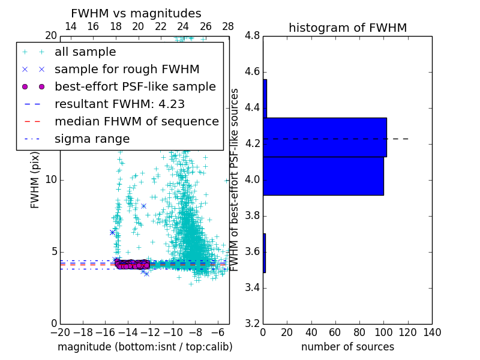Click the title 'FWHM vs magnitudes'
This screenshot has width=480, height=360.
[136, 14]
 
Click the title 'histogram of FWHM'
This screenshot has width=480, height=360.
[347, 28]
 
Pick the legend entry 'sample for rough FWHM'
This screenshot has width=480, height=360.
[127, 70]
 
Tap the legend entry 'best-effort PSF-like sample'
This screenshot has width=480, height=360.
[135, 86]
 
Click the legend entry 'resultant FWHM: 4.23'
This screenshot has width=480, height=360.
[119, 104]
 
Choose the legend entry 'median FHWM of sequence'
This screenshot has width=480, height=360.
[136, 121]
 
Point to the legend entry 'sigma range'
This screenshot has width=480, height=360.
[92, 139]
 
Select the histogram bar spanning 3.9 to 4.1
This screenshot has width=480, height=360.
[323, 176]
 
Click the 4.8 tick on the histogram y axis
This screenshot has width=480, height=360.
[252, 36]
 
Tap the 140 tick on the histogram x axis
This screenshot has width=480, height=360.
[432, 332]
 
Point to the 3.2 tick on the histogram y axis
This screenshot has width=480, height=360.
[252, 323]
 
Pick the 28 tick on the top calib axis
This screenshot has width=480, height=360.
[229, 27]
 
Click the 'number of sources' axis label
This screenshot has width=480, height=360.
[347, 347]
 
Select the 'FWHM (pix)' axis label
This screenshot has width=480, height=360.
[35, 179]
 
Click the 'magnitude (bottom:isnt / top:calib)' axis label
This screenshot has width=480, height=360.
[145, 347]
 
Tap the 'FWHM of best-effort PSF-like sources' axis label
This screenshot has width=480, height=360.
[235, 179]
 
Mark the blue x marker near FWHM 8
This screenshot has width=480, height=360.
[143, 206]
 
